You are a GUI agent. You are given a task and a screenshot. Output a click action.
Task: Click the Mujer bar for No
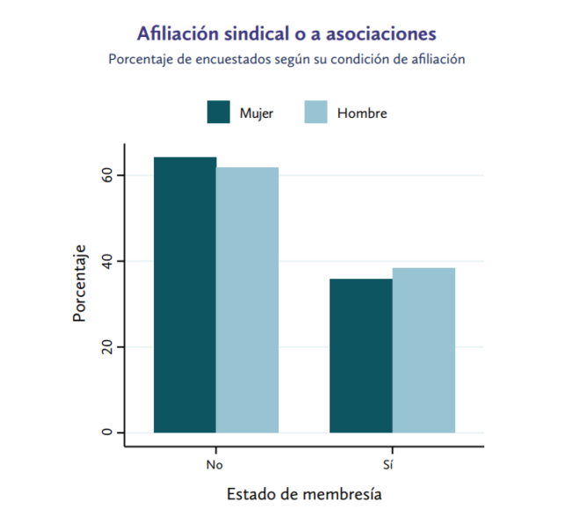[185, 294]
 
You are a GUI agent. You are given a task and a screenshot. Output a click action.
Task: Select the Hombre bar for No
[247, 300]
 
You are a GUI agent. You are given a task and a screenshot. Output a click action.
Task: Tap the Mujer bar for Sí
[360, 355]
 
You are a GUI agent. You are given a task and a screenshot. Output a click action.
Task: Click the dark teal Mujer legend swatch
[218, 113]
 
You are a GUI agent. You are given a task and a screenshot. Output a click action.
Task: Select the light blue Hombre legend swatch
[315, 113]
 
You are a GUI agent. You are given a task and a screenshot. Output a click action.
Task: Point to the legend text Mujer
[256, 113]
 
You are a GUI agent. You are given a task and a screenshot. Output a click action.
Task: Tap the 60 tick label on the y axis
[107, 176]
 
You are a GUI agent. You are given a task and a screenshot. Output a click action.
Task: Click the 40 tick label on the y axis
[107, 261]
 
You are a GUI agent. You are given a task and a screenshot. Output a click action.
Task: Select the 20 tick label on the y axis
[107, 347]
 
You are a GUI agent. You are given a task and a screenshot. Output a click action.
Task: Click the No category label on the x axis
[215, 462]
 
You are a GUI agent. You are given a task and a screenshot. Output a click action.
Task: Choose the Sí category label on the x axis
[392, 462]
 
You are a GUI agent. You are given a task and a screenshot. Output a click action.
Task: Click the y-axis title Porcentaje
[79, 283]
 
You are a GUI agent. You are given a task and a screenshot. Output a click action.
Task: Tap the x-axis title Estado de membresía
[304, 493]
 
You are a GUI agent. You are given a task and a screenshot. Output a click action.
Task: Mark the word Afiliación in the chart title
[174, 34]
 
